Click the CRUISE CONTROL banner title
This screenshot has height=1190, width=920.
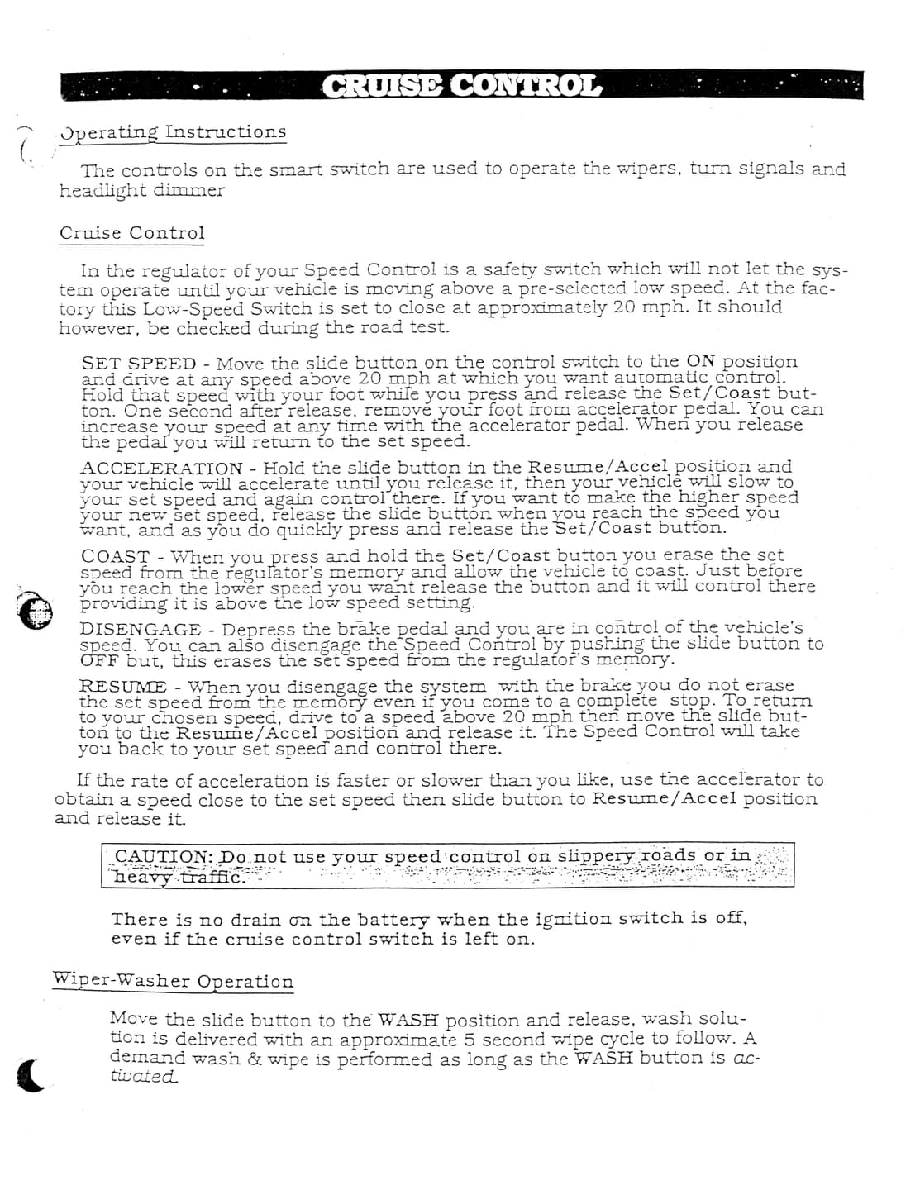461,85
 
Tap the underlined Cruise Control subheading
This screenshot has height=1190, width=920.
131,234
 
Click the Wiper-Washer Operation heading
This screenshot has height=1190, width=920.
173,981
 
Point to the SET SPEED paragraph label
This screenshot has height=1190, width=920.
139,364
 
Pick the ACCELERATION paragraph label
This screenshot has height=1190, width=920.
161,468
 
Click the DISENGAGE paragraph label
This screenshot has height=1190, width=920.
141,630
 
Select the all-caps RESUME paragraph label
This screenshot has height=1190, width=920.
122,687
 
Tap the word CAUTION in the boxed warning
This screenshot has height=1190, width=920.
162,857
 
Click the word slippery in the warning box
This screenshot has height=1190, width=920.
597,856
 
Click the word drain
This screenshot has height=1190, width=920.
254,920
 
